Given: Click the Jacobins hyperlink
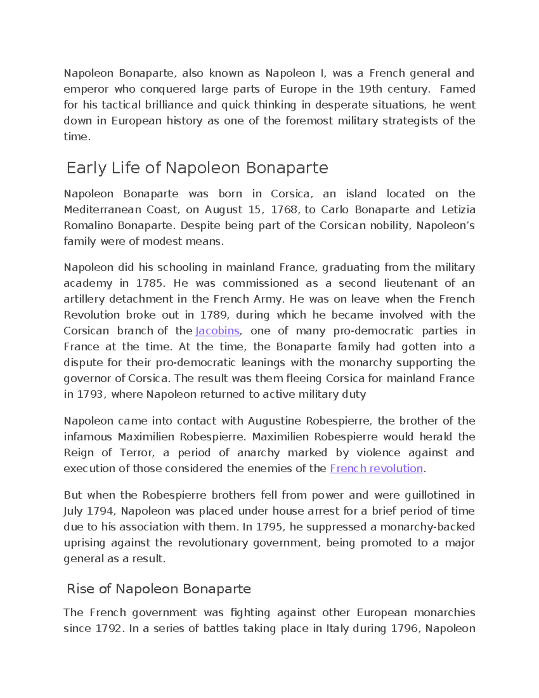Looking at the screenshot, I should tap(217, 331).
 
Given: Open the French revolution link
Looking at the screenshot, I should tap(376, 468).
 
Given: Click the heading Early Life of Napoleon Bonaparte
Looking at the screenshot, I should tap(197, 168).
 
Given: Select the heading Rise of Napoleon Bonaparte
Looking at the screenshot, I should tap(159, 589).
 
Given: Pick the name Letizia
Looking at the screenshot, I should tap(458, 209).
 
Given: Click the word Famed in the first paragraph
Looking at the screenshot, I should tap(457, 89).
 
